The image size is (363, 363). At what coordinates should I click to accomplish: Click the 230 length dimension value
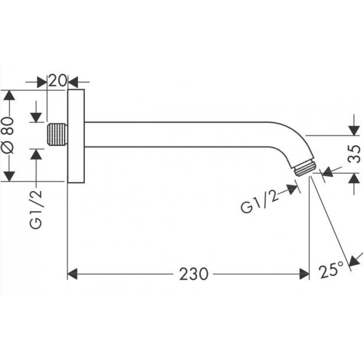coord(193,274)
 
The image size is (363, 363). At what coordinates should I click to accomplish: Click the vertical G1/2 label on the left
coord(36,209)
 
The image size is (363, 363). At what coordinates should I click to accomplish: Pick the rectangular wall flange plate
coord(76,136)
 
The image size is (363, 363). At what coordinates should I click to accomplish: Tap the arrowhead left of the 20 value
coord(42,82)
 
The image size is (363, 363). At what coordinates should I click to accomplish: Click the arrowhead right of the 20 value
coord(73,82)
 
